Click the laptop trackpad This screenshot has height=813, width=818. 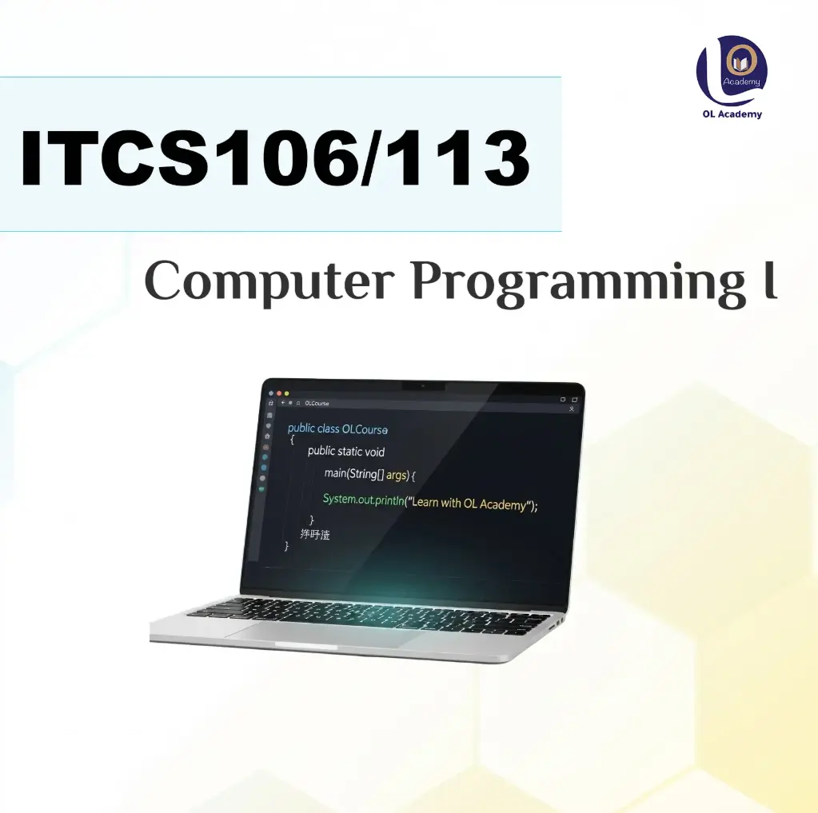click(321, 633)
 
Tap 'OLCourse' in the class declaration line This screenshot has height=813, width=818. click(365, 429)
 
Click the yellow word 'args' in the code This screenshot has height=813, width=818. click(397, 475)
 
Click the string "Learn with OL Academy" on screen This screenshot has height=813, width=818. click(470, 504)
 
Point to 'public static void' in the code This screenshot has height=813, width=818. click(345, 452)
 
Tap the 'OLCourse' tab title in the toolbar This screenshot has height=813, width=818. click(316, 404)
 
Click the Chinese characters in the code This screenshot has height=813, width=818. click(314, 534)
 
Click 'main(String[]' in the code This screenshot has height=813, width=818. click(353, 474)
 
